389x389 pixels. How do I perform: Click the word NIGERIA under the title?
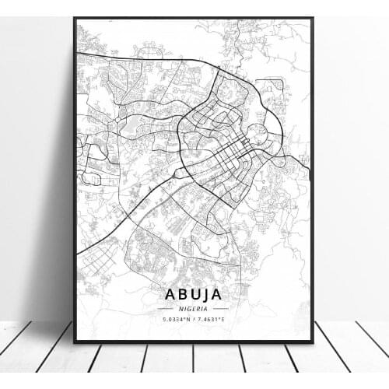pyautogui.click(x=194, y=308)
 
